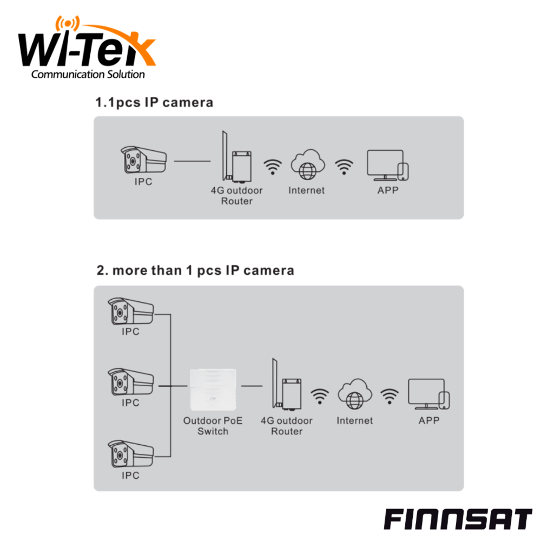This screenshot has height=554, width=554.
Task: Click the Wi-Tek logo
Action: click(87, 49)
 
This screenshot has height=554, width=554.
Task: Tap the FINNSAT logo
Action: click(458, 519)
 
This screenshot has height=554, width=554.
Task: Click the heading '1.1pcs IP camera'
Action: click(154, 102)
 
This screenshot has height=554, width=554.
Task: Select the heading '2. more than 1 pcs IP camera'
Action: click(195, 270)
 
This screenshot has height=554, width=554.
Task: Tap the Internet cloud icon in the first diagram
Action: click(307, 164)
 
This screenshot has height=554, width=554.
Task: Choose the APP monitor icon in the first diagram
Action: click(388, 165)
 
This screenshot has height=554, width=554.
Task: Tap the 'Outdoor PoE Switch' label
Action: click(213, 426)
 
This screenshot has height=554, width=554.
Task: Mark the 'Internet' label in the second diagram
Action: click(354, 420)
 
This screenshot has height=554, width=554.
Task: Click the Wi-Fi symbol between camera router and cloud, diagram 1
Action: click(273, 167)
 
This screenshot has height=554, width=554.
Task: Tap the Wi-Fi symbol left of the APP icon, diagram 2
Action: click(389, 397)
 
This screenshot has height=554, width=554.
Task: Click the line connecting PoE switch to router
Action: click(252, 386)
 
